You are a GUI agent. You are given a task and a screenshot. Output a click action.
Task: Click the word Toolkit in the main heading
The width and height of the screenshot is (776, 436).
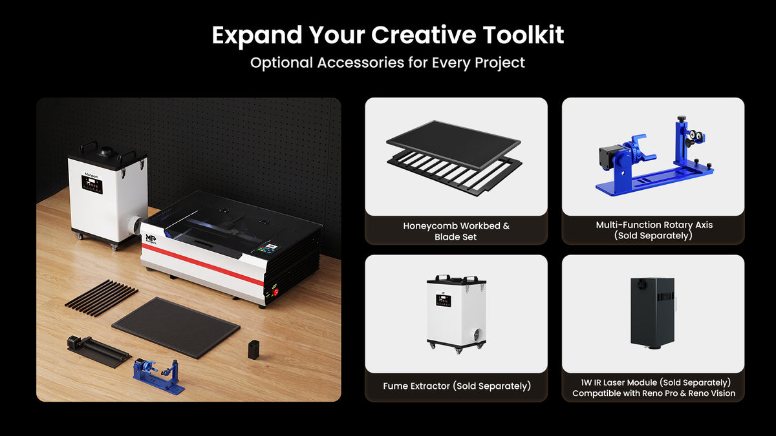coord(523,35)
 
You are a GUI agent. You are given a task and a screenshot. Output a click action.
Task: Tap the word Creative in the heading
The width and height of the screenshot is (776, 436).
coord(424,35)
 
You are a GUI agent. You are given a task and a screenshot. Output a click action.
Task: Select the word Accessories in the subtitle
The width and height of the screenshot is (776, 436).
coord(361,63)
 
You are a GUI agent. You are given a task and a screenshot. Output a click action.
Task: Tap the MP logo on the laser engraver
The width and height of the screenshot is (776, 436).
coord(151,239)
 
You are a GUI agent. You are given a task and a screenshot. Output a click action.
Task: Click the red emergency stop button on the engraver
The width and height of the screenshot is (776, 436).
coord(275,292)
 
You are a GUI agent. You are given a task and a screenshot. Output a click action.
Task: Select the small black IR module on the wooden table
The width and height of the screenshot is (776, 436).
coord(253,349)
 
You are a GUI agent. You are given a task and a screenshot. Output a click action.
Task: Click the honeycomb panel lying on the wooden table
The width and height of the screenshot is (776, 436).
coord(176,327)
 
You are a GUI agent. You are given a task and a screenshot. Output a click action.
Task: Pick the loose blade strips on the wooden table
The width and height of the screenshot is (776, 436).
coord(101,298)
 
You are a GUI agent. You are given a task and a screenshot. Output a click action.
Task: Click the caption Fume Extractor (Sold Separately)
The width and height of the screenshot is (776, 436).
coord(457,386)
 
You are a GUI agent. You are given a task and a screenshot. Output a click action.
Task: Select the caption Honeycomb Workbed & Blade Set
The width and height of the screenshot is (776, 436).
coord(456,231)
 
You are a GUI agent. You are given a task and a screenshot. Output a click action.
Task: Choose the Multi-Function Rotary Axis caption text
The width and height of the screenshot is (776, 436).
coord(654,225)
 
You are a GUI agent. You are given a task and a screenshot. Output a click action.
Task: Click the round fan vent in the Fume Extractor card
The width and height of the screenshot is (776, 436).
coord(477,335)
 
